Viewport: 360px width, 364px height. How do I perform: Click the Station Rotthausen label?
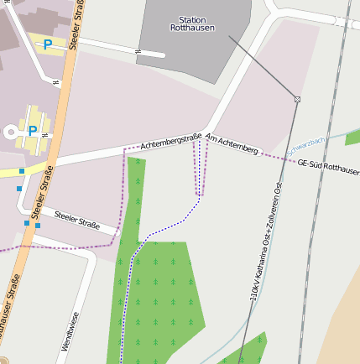point(192,23)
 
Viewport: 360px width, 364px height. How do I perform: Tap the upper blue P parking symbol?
point(48,44)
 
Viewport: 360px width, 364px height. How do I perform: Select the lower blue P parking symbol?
point(33,130)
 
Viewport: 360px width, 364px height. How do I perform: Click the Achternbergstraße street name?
point(171,142)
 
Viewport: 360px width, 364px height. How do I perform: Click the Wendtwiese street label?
point(70,331)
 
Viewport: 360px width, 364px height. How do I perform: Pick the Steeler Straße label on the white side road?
point(76,221)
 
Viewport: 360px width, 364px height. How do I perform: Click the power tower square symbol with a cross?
point(297,100)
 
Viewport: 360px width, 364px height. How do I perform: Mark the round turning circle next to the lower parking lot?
point(12,132)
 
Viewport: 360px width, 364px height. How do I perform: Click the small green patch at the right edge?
point(353,137)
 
